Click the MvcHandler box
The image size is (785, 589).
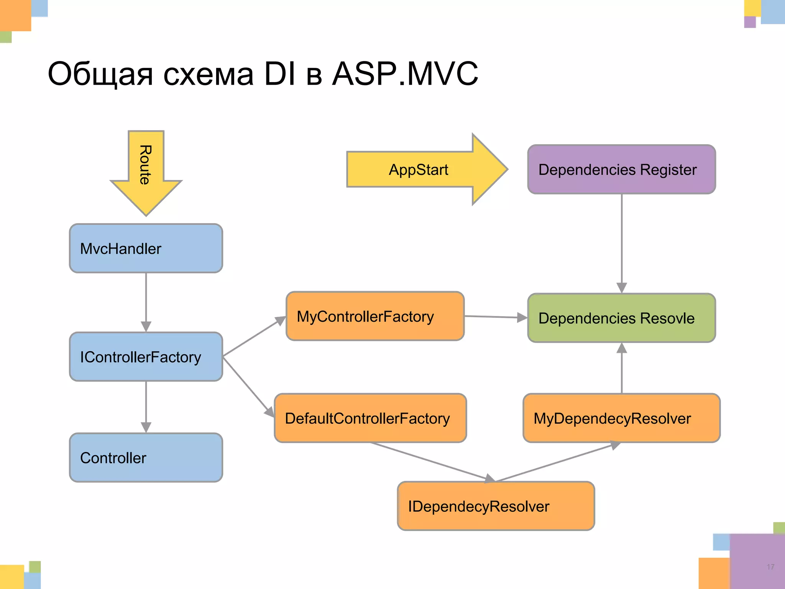tap(146, 248)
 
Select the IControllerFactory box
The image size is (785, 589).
tap(146, 357)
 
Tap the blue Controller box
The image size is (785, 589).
tap(146, 457)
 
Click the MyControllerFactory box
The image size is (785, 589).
tap(375, 316)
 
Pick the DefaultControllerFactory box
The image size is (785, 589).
tap(370, 418)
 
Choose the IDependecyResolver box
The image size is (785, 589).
tap(496, 506)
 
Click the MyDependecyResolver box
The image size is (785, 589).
tap(621, 418)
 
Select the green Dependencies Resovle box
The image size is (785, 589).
tap(621, 318)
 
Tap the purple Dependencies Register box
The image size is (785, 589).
tap(621, 169)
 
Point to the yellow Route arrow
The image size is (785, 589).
tap(146, 169)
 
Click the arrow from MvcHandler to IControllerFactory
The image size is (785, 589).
tap(146, 301)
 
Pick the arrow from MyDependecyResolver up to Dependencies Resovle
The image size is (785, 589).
tap(622, 368)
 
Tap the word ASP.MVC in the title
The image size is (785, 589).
tap(405, 74)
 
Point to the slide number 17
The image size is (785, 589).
tap(770, 567)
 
